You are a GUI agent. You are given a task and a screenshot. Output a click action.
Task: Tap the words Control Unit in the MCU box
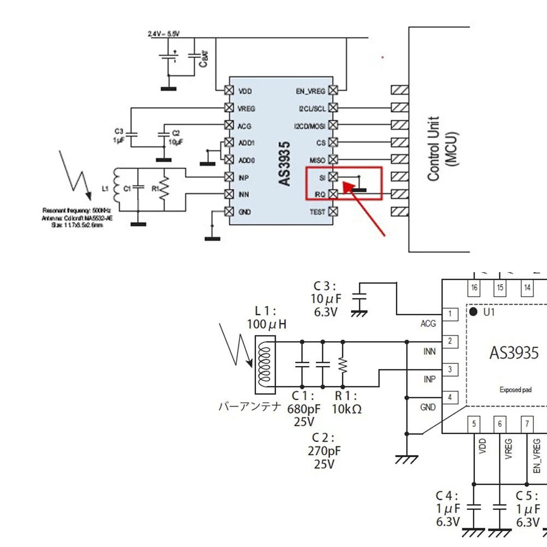(433, 149)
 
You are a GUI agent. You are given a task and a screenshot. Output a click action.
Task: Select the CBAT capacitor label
(203, 58)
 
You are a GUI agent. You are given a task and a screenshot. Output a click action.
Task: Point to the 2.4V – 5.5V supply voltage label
(163, 34)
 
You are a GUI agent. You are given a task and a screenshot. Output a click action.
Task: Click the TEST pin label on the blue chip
(317, 211)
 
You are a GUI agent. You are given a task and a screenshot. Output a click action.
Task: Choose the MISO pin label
(317, 160)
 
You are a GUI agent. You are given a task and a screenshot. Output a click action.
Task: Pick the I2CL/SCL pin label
(312, 108)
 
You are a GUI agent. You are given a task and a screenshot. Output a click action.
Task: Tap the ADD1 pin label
(246, 143)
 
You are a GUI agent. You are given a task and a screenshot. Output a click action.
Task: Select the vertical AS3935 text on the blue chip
(284, 163)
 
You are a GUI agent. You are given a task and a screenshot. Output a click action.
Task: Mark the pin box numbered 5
(474, 424)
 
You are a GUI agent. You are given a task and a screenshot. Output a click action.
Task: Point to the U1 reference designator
(489, 312)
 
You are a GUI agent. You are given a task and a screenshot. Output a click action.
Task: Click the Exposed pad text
(515, 390)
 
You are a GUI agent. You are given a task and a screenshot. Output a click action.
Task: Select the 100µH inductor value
(267, 325)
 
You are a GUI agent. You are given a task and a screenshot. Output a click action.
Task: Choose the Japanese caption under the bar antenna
(250, 406)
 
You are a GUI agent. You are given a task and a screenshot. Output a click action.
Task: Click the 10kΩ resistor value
(346, 409)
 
